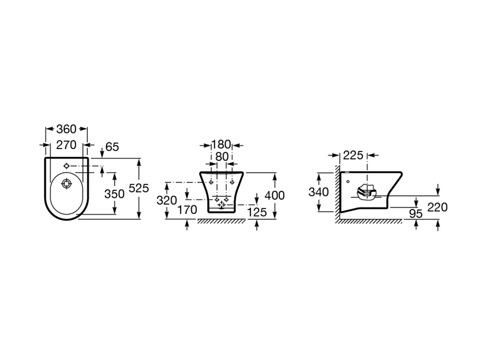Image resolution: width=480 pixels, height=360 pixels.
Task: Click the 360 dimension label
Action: pos(66,129)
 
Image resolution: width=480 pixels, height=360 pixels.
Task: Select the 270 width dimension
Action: pos(66,145)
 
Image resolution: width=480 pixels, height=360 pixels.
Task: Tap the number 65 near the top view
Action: pos(112,147)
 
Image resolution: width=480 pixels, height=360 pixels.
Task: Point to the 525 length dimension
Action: pos(139,188)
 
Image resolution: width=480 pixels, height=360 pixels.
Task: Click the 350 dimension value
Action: pos(114,194)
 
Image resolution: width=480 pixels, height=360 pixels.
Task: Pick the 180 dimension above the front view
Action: pos(221,144)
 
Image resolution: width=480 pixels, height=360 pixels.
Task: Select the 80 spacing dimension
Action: pos(222,157)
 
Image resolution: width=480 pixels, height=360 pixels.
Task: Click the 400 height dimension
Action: pos(275,195)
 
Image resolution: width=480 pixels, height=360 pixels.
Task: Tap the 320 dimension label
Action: pos(166,200)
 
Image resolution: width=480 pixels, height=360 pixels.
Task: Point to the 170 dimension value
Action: pos(187,210)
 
